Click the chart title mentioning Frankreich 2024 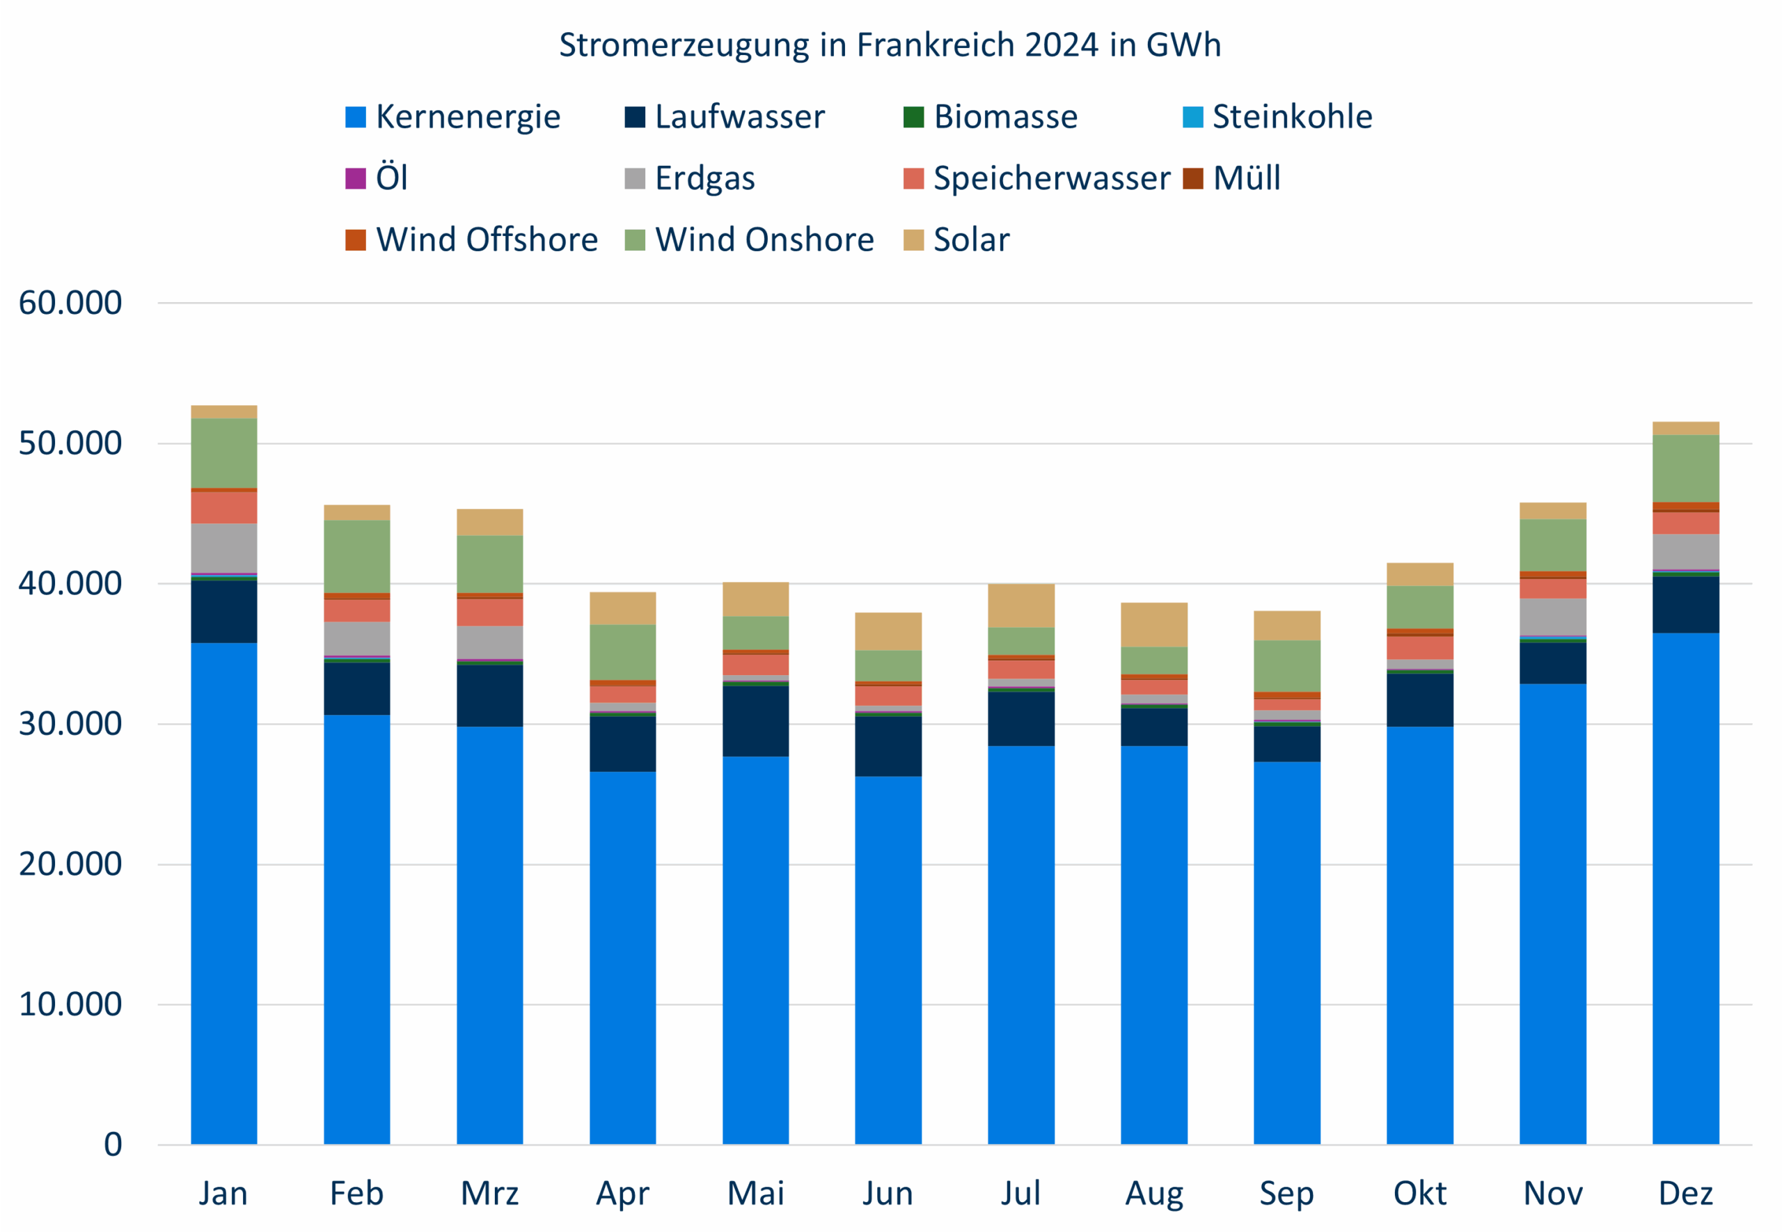889,45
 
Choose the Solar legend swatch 913,239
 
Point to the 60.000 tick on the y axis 70,303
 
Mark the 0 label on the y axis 113,1144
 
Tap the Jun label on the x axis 888,1194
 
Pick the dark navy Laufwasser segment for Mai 755,720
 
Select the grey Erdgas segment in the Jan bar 224,548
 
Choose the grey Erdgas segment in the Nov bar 1553,617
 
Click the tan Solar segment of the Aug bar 1154,624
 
